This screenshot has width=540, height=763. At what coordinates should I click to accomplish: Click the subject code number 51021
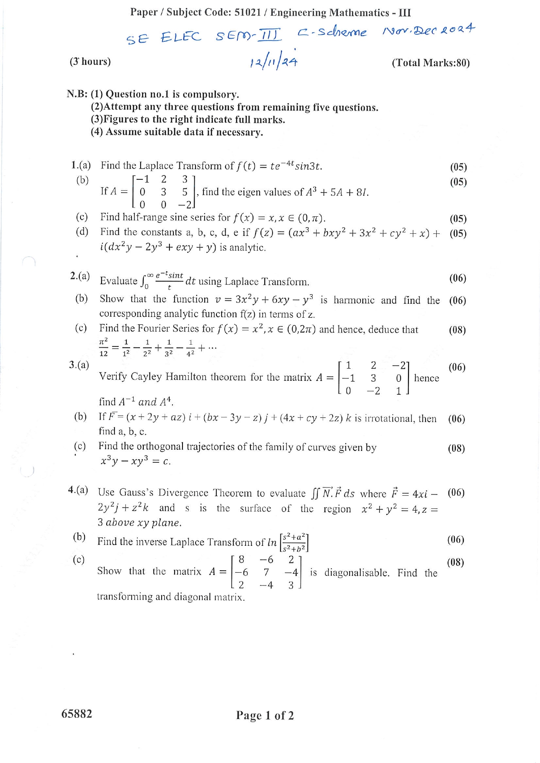pos(247,12)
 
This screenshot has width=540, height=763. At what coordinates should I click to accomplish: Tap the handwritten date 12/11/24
pos(273,61)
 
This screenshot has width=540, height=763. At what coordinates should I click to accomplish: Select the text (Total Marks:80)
pos(430,63)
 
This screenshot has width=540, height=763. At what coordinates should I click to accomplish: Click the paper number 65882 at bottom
pos(77,714)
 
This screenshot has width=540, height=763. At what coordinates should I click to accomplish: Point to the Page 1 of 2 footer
pos(265,715)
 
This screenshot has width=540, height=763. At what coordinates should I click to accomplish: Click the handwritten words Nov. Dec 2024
pos(429,30)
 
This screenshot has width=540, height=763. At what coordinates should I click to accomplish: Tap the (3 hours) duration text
pos(90,61)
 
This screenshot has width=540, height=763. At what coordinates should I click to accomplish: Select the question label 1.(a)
pos(81,165)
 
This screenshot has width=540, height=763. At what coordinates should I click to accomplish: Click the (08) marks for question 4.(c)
pos(456,562)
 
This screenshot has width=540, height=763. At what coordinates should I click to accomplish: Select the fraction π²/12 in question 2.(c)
pos(104,347)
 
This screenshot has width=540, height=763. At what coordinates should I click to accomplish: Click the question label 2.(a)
pos(80,276)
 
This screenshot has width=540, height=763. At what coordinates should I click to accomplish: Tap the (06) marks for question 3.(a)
pos(457,367)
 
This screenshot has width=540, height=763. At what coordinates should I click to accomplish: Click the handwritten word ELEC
pos(181,37)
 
